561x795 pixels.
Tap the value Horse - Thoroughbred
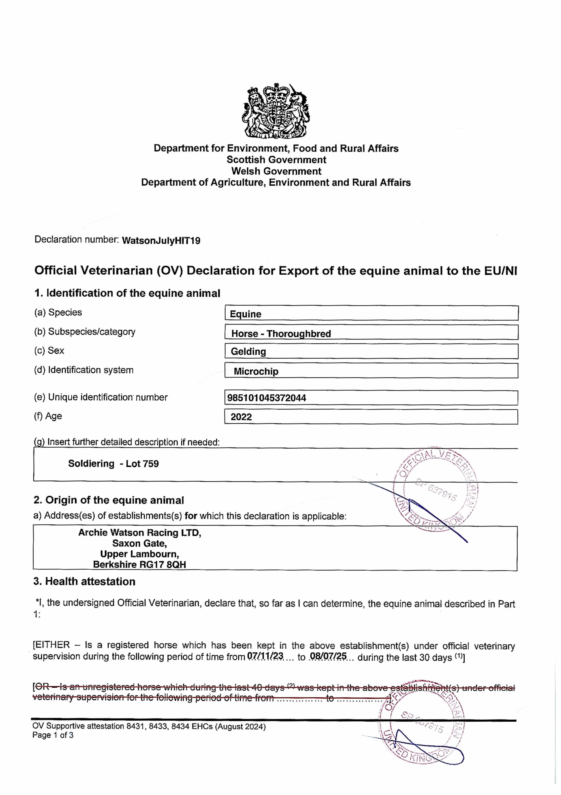tap(281, 333)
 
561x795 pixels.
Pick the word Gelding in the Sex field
tap(248, 351)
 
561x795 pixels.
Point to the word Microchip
tap(256, 371)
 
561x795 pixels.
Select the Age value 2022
tap(241, 417)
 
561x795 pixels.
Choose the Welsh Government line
tap(276, 171)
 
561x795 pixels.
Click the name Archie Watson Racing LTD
tap(139, 532)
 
